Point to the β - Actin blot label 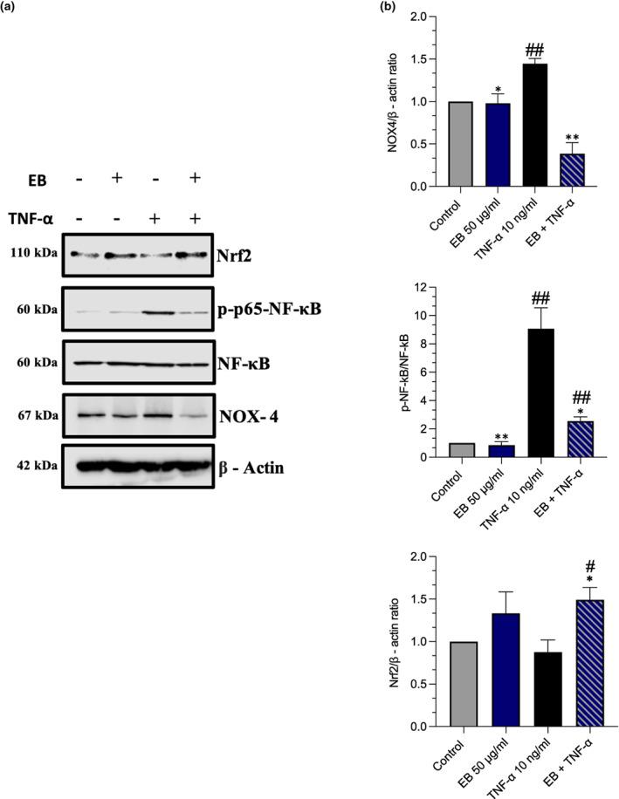coord(251,468)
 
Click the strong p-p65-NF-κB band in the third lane coord(168,310)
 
